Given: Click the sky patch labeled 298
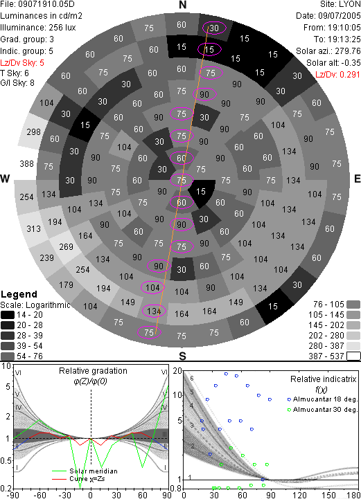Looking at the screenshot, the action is pyautogui.click(x=34, y=131).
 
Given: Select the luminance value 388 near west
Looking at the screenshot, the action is pyautogui.click(x=26, y=163).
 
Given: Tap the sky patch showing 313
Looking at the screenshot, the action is pyautogui.click(x=33, y=228).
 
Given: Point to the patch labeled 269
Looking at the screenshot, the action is pyautogui.click(x=66, y=246).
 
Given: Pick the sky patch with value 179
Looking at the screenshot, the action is pyautogui.click(x=66, y=284).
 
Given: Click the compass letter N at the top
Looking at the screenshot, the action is pyautogui.click(x=182, y=5).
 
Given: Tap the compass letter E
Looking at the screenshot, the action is pyautogui.click(x=357, y=179).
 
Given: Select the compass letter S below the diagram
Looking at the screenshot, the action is pyautogui.click(x=182, y=356).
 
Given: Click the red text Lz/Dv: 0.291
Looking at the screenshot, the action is pyautogui.click(x=337, y=75).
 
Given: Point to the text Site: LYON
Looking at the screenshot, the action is pyautogui.click(x=340, y=4).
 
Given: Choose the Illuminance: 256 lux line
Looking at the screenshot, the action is pyautogui.click(x=38, y=28).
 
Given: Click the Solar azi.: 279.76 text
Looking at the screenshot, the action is pyautogui.click(x=328, y=51).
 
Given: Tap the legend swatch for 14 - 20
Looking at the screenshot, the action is pyautogui.click(x=8, y=315).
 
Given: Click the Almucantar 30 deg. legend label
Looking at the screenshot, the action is pyautogui.click(x=325, y=410).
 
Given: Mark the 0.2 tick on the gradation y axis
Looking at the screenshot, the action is pyautogui.click(x=6, y=489).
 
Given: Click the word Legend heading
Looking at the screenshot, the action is pyautogui.click(x=19, y=294).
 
